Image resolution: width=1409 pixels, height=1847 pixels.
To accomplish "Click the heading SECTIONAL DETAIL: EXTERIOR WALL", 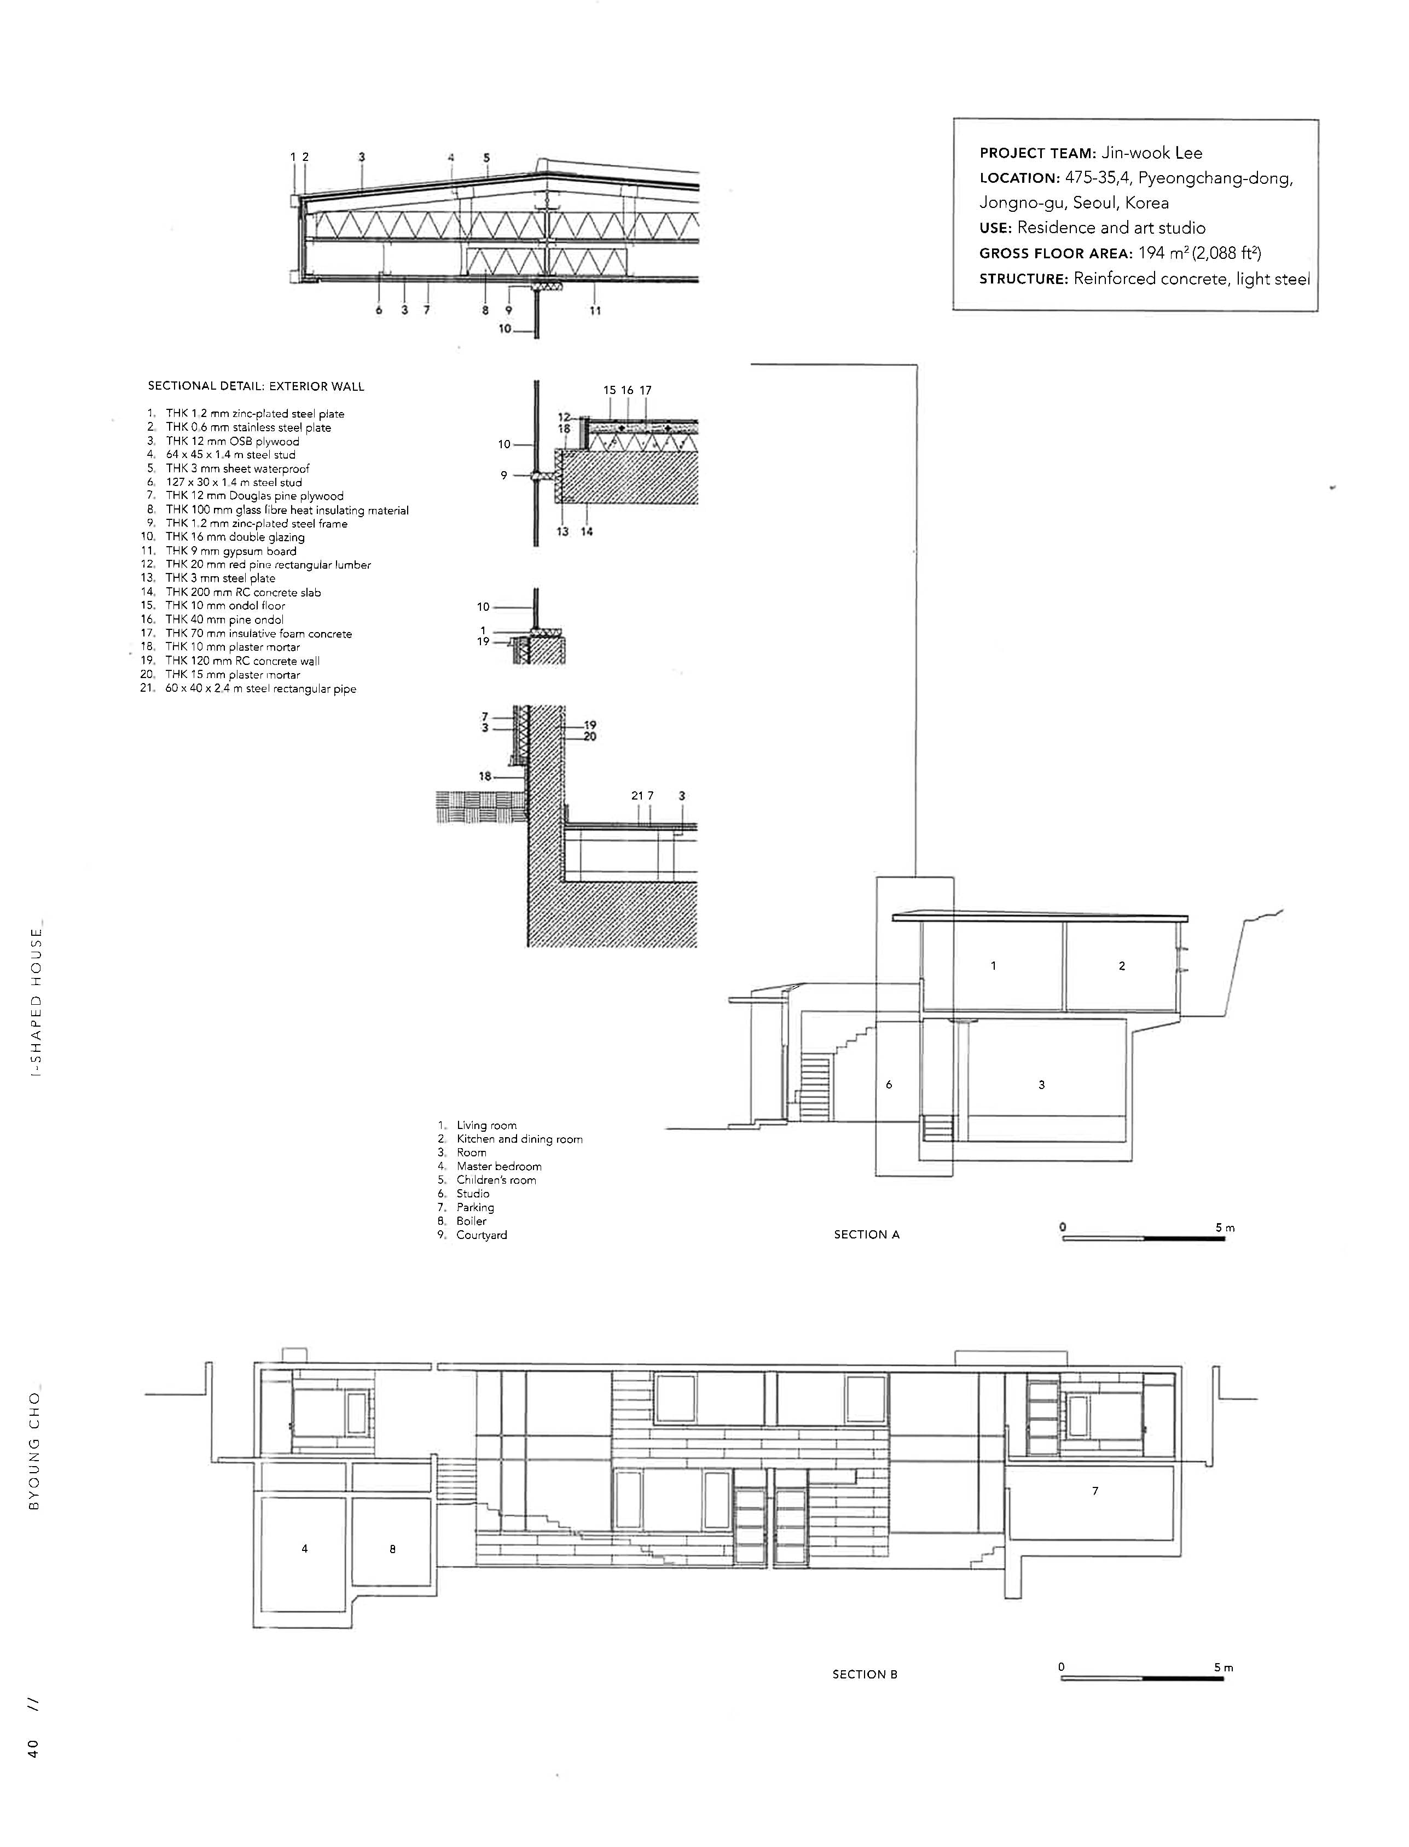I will click(x=256, y=387).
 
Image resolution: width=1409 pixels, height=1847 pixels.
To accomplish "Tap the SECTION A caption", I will click(x=866, y=1235).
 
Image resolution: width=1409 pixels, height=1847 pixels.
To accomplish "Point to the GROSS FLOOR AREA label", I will click(x=1055, y=253).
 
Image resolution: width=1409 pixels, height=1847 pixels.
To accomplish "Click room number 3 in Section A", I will click(x=1042, y=1085).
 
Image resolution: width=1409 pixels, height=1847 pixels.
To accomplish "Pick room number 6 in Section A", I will click(x=889, y=1085).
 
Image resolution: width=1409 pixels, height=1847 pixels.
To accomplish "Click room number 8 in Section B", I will click(x=392, y=1549).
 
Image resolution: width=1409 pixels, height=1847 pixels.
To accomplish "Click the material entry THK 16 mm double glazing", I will click(x=235, y=537).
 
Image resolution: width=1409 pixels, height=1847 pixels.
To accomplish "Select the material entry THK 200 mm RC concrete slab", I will click(x=243, y=592).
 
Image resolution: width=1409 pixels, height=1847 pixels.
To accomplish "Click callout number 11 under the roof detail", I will click(x=595, y=310).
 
